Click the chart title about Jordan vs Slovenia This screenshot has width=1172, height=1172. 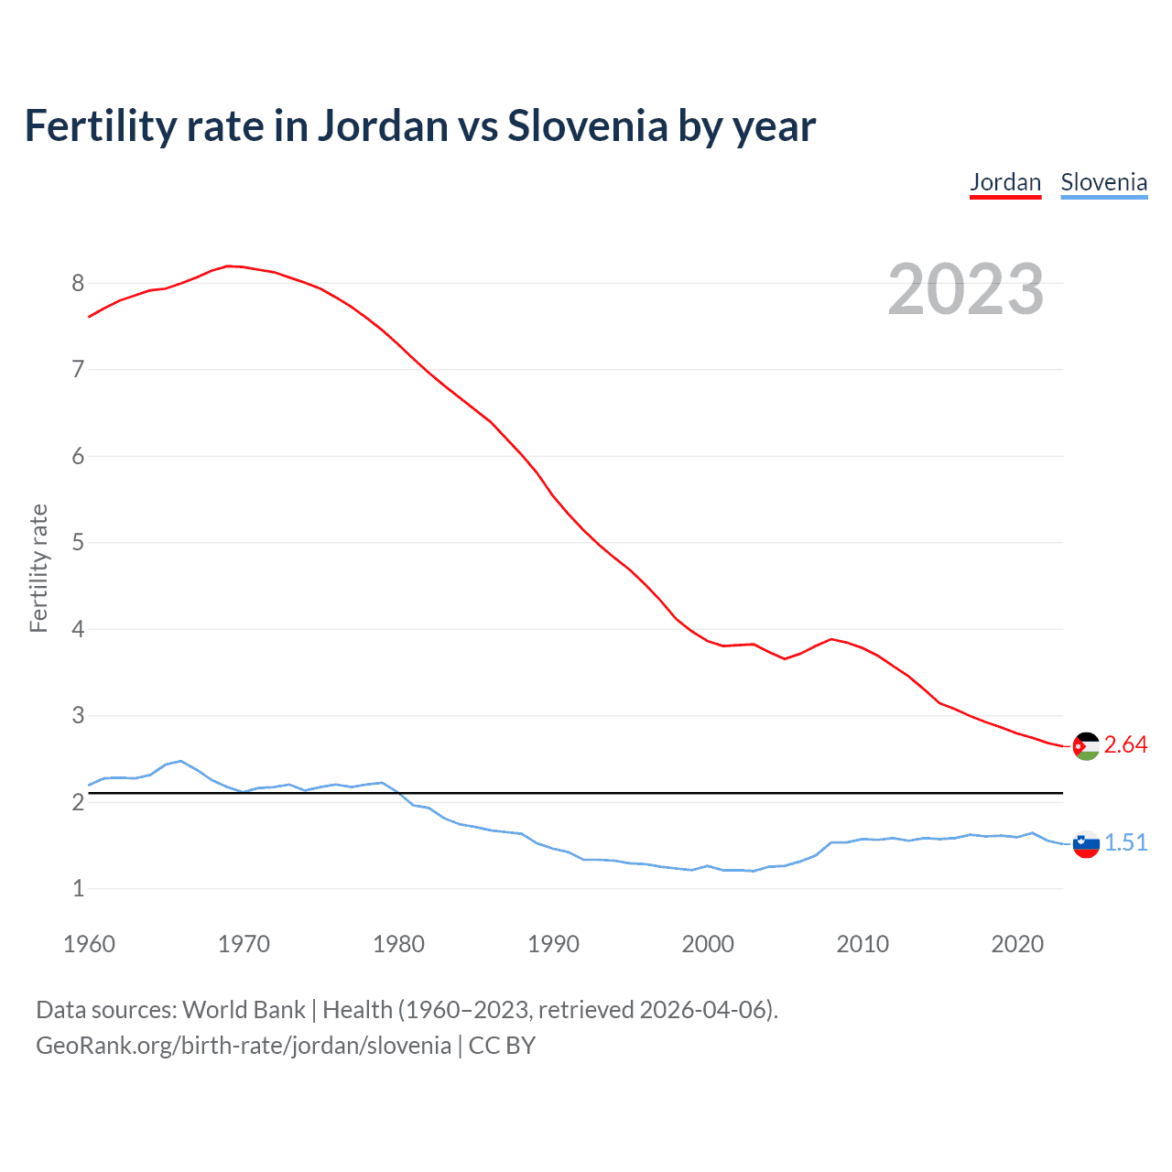pos(419,126)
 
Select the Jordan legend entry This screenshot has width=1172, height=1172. pos(1005,182)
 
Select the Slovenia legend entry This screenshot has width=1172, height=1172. pos(1103,182)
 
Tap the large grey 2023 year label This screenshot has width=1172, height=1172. pos(965,289)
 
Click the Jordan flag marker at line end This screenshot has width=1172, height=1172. pos(1086,746)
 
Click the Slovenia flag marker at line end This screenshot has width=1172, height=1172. pos(1086,843)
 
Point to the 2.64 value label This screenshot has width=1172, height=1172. pos(1125,745)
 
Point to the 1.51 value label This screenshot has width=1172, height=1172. pos(1125,843)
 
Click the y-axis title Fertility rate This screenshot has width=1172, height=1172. pos(38,568)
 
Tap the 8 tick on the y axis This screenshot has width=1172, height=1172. pos(78,283)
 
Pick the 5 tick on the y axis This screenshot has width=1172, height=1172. pos(78,542)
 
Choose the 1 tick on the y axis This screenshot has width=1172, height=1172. pos(78,888)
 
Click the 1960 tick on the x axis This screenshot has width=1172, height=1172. pos(89,944)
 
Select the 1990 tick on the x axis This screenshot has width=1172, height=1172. pos(553,944)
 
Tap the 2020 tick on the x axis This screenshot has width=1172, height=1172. pos(1017,944)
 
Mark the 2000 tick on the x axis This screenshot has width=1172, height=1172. pos(708,944)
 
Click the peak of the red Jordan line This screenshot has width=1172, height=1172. pos(228,266)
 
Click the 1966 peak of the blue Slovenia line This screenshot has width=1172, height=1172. pos(180,761)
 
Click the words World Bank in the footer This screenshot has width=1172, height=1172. pos(244,1010)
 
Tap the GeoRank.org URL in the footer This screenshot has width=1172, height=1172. pos(244,1046)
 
